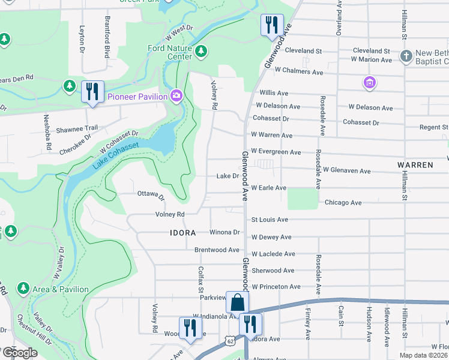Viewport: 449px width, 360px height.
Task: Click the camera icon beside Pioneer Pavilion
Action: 176,95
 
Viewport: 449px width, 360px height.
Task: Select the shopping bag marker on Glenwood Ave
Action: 237,302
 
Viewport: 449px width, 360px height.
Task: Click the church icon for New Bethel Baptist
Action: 406,56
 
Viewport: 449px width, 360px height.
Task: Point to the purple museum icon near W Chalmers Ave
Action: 369,82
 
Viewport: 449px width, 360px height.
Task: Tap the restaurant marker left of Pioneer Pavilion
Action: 92,92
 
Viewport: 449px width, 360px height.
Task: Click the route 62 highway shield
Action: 231,341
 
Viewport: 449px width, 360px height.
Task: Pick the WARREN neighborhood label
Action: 415,164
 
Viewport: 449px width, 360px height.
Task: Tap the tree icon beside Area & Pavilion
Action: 23,289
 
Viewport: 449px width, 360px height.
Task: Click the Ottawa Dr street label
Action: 151,195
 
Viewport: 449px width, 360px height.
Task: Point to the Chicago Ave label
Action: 343,203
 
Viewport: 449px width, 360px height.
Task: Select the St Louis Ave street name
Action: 270,220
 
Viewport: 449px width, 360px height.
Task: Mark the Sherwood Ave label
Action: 273,271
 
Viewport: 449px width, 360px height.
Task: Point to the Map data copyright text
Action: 423,355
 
